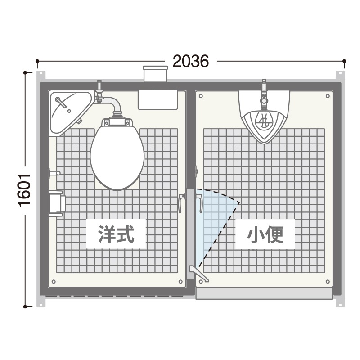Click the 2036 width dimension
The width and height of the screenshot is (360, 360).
pyautogui.click(x=190, y=61)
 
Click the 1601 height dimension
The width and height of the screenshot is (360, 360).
pyautogui.click(x=24, y=190)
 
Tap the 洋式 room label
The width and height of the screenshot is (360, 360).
pyautogui.click(x=116, y=234)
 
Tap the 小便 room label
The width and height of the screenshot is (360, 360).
pyautogui.click(x=265, y=234)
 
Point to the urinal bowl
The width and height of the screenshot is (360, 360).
pyautogui.click(x=264, y=126)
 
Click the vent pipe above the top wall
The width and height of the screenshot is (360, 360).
pyautogui.click(x=155, y=74)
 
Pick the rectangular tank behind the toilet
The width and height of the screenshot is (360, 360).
pyautogui.click(x=158, y=99)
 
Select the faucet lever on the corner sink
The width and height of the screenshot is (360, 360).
pyautogui.click(x=60, y=103)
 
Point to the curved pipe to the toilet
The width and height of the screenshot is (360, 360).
pyautogui.click(x=112, y=103)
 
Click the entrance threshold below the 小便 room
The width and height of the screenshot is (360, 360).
pyautogui.click(x=264, y=293)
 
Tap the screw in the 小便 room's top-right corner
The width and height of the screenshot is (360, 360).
pyautogui.click(x=328, y=96)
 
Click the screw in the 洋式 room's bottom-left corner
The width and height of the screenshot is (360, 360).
pyautogui.click(x=54, y=282)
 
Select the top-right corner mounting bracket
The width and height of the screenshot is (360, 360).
pyautogui.click(x=340, y=76)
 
